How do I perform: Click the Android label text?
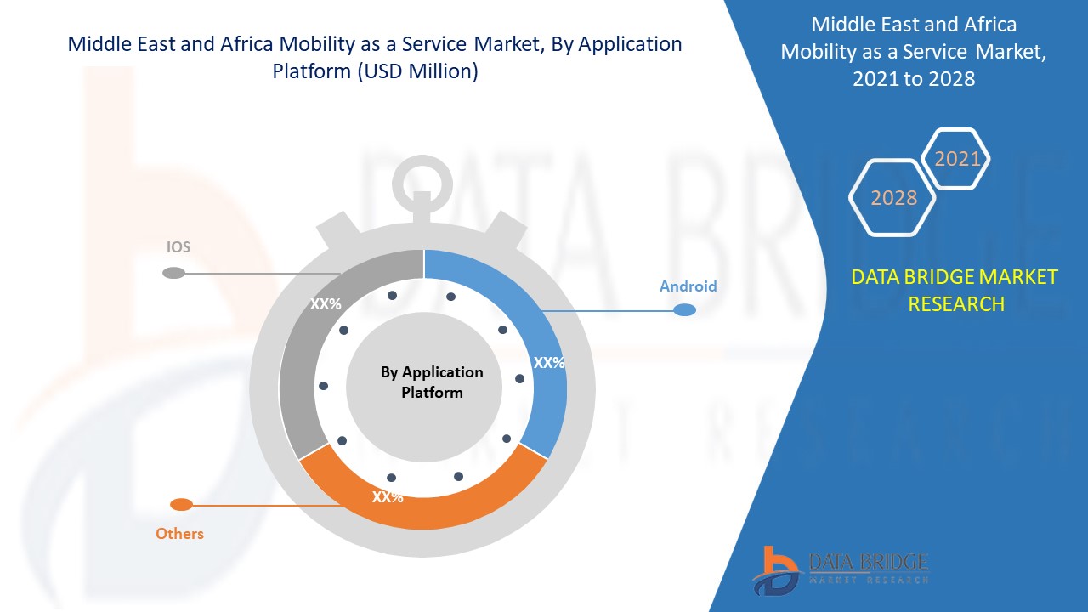click(x=688, y=286)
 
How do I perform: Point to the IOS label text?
click(x=178, y=247)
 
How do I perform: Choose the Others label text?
click(x=179, y=534)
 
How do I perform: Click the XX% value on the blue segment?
click(x=549, y=362)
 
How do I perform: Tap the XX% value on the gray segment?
click(x=326, y=303)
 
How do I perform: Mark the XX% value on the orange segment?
click(x=388, y=497)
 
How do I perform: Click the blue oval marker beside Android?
click(x=684, y=310)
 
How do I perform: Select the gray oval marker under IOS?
click(x=173, y=273)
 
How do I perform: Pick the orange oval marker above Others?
click(x=181, y=505)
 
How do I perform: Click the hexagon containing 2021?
click(x=957, y=159)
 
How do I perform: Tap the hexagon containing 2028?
click(x=893, y=197)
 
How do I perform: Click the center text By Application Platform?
click(x=432, y=382)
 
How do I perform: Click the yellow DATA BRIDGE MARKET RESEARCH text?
click(x=955, y=290)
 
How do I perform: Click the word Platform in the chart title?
click(x=310, y=71)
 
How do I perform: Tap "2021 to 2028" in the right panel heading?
click(x=915, y=79)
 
